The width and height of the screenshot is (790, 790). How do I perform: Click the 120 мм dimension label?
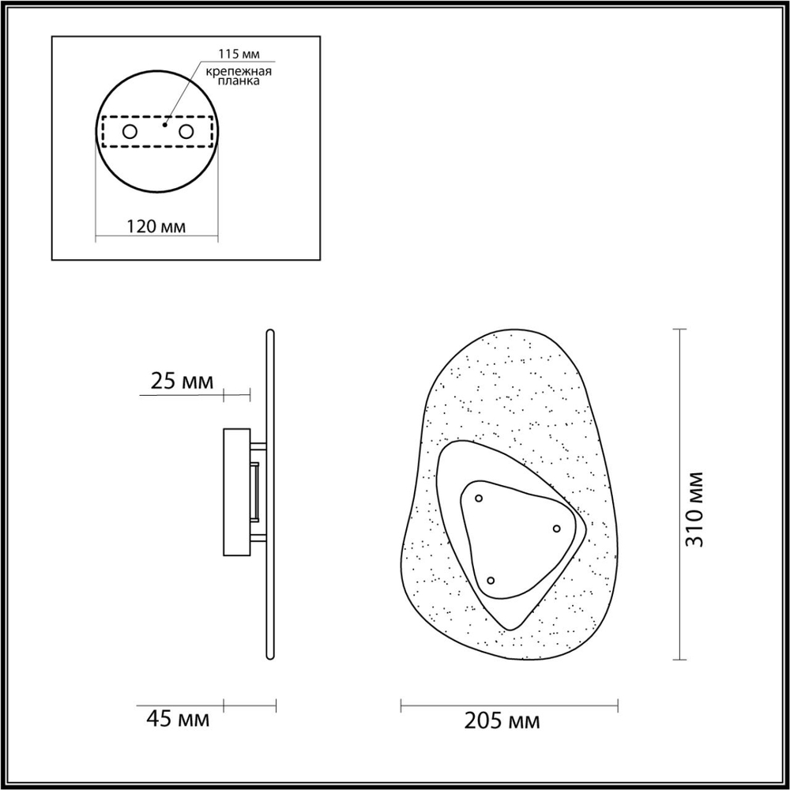click(x=156, y=227)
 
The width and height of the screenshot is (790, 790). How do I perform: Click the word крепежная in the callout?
click(x=239, y=71)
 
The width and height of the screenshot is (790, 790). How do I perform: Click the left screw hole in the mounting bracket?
click(x=128, y=131)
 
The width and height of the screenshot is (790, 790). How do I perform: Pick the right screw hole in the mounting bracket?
click(x=186, y=131)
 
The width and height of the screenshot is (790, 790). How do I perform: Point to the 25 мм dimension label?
click(x=181, y=382)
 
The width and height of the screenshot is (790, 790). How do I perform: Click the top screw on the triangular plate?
click(x=479, y=498)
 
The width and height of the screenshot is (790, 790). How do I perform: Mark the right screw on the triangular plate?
click(x=556, y=529)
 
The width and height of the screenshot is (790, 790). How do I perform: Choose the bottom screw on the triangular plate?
click(x=491, y=581)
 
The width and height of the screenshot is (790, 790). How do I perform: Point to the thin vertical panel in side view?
click(x=269, y=494)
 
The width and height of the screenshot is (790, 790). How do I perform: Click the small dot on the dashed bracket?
click(x=164, y=124)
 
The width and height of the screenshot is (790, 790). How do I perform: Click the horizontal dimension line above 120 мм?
click(x=156, y=236)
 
